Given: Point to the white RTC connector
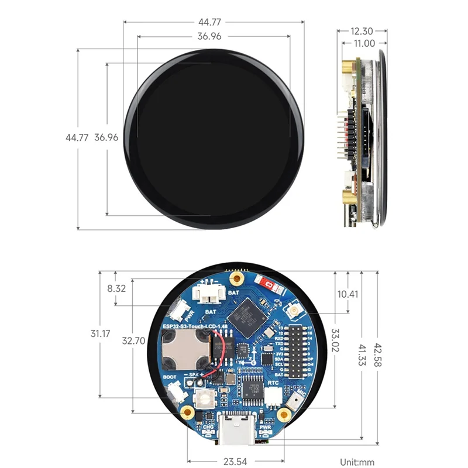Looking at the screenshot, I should coord(273,396).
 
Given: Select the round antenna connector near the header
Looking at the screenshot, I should coord(293,307).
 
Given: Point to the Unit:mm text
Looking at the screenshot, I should coord(357,462).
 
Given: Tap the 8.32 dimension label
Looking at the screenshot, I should coord(116,288).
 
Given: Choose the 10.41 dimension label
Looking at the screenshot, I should coord(347,294).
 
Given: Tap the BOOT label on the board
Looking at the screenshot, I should coord(170,377).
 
